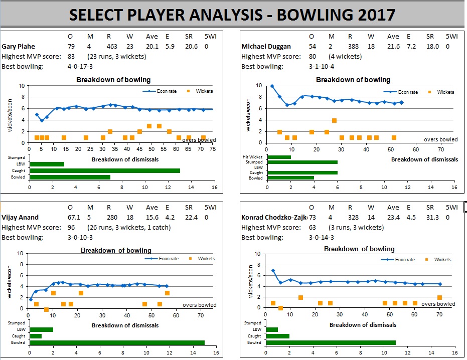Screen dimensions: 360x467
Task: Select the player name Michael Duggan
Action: coord(266,46)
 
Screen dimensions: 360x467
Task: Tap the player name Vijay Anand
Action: coord(20,217)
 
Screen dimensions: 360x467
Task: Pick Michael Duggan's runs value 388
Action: coord(352,46)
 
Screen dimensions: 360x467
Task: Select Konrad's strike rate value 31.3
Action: coord(430,217)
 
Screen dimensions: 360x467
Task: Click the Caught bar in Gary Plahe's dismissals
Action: coord(104,170)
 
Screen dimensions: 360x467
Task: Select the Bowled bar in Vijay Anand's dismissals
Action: coord(117,342)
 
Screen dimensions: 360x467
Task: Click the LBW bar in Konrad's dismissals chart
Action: coord(271,329)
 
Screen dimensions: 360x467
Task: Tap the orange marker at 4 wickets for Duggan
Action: coord(334,120)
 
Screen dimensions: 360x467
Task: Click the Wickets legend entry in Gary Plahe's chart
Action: coord(201,91)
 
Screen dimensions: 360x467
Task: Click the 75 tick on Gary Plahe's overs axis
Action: coord(212,149)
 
